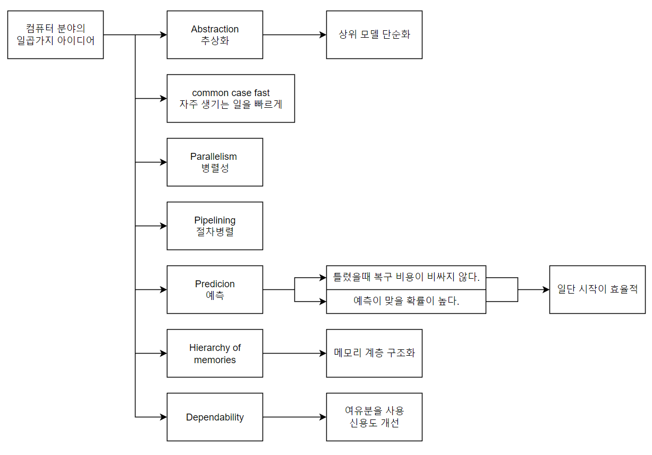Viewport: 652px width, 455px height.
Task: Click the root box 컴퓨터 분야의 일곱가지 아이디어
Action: coord(55,35)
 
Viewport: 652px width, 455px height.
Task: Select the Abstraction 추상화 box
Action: coord(215,35)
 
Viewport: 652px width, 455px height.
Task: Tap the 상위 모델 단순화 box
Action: coord(374,35)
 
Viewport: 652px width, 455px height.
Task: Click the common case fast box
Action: coord(231,98)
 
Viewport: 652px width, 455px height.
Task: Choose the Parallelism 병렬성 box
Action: coord(215,162)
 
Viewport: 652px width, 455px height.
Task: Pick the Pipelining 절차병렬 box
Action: coord(215,226)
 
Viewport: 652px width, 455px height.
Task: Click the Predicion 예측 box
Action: coord(215,289)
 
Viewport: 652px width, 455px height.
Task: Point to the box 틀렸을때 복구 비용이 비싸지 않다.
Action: coord(406,277)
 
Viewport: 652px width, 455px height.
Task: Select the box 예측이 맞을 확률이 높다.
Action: coord(406,302)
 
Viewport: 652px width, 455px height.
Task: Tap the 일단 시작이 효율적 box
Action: coord(597,289)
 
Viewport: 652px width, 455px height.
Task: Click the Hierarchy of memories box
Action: coord(215,353)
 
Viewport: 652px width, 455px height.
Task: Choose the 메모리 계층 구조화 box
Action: coord(374,353)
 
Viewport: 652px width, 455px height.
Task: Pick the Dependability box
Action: coord(215,417)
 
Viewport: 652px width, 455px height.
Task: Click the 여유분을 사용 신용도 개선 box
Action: coord(374,417)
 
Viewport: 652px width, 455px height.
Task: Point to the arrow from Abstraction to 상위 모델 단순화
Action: coord(294,35)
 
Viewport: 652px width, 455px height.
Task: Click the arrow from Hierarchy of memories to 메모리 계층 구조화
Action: coord(294,353)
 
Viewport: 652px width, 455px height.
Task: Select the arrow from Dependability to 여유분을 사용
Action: coord(294,417)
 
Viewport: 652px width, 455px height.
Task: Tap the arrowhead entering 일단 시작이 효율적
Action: coord(546,289)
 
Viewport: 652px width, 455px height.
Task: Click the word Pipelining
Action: coord(215,220)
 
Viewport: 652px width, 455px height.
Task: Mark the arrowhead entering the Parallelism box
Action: coord(163,162)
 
